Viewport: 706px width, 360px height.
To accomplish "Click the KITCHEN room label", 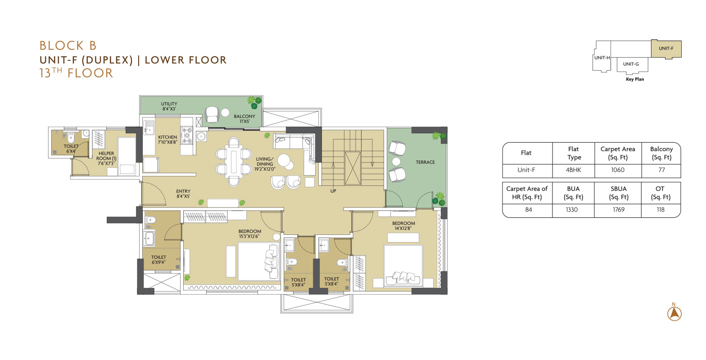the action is [x=167, y=137].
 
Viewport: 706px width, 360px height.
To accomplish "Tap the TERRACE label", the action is [x=425, y=162].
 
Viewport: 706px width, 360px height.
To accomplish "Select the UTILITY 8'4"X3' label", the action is [x=169, y=106].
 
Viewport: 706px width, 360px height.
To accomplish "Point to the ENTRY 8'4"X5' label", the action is [x=183, y=193].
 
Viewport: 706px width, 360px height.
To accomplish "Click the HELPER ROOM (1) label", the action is [x=106, y=156].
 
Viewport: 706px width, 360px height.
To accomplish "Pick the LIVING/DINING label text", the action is [x=265, y=161].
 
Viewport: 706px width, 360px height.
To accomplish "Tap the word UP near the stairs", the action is [x=333, y=191].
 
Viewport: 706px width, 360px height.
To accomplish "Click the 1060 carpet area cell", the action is [x=618, y=170].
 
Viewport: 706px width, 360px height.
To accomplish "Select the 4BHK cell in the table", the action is [x=573, y=170].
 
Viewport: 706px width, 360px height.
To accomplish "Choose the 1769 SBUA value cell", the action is [x=618, y=210].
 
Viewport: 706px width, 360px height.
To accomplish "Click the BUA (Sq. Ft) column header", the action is [x=573, y=193].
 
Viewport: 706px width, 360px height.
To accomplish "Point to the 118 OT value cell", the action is [x=661, y=210].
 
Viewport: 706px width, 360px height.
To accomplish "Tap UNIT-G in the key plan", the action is [x=631, y=64].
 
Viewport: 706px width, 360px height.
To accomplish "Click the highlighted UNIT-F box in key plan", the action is [x=666, y=49].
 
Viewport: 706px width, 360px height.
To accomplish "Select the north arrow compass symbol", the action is [x=674, y=313].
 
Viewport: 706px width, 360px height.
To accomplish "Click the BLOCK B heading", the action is [x=68, y=45].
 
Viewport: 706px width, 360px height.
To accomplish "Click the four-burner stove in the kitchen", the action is [x=186, y=135].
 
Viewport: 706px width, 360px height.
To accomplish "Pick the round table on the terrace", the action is [x=396, y=162].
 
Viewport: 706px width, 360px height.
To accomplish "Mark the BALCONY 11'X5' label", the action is [x=244, y=119].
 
